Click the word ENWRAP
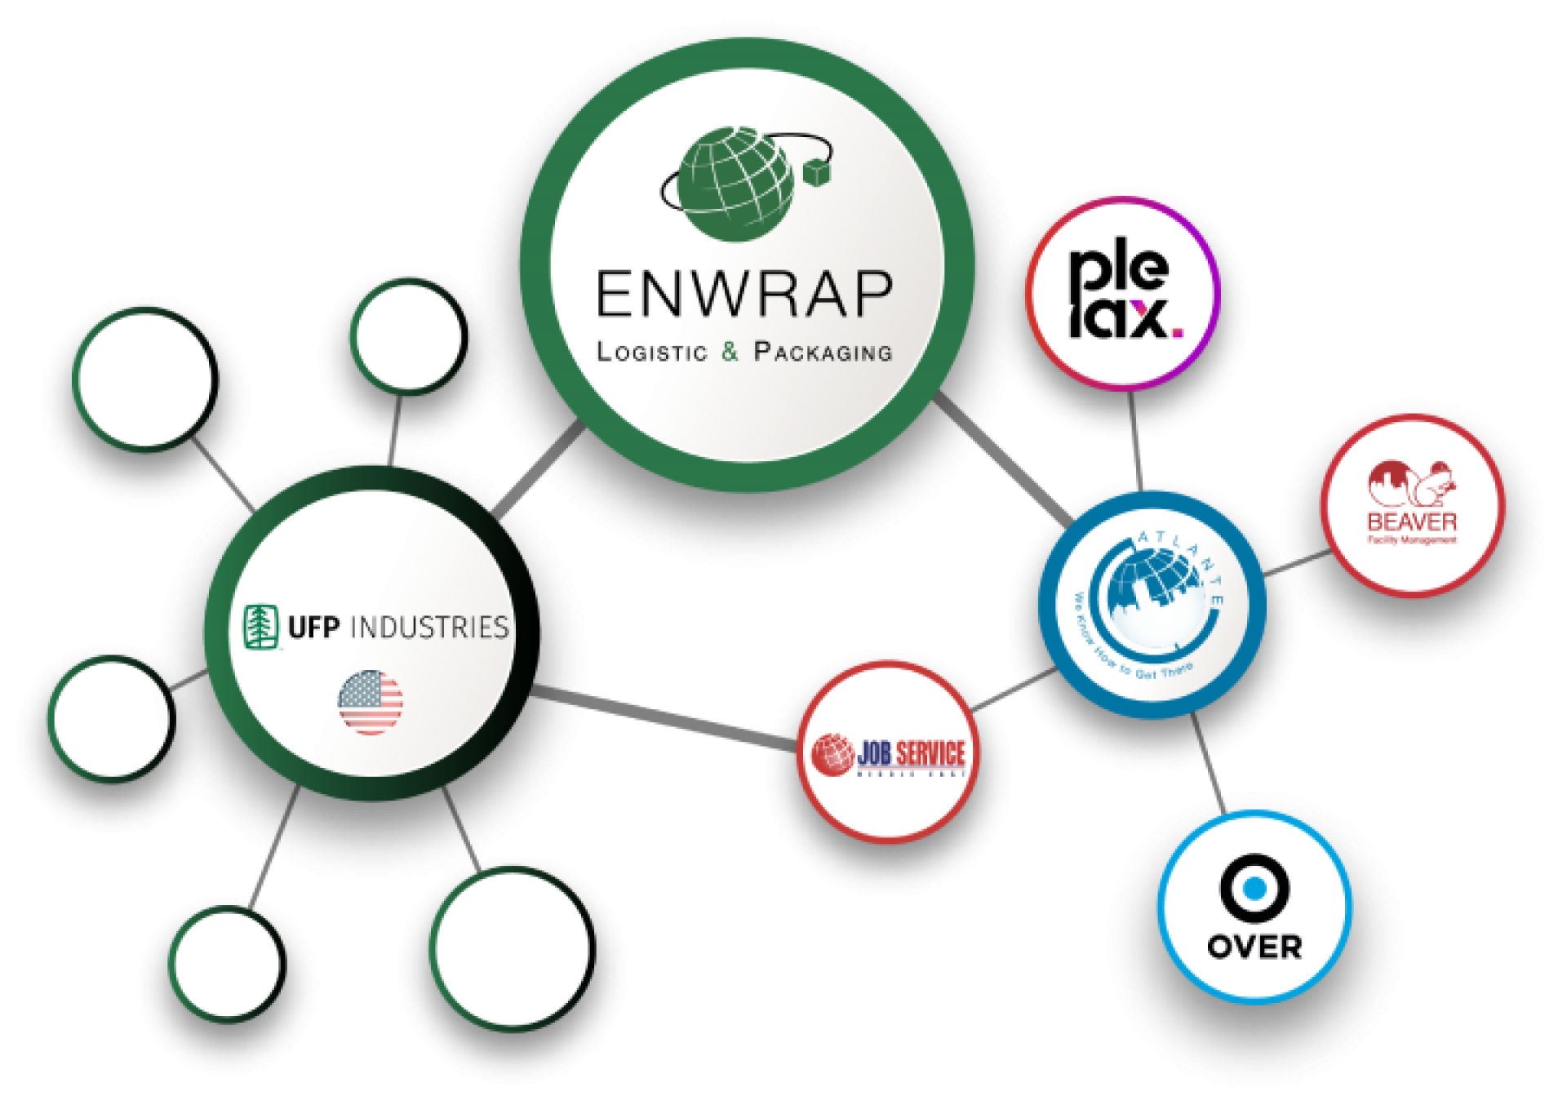[744, 294]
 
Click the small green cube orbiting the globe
[816, 171]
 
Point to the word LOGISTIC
[653, 353]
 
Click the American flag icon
[371, 702]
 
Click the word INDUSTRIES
[428, 627]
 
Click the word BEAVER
[1412, 521]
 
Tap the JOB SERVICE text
[910, 752]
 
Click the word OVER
[1254, 947]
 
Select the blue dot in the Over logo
[1254, 888]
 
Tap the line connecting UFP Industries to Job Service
[661, 718]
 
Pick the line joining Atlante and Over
[1208, 763]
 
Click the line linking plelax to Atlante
[1135, 441]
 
